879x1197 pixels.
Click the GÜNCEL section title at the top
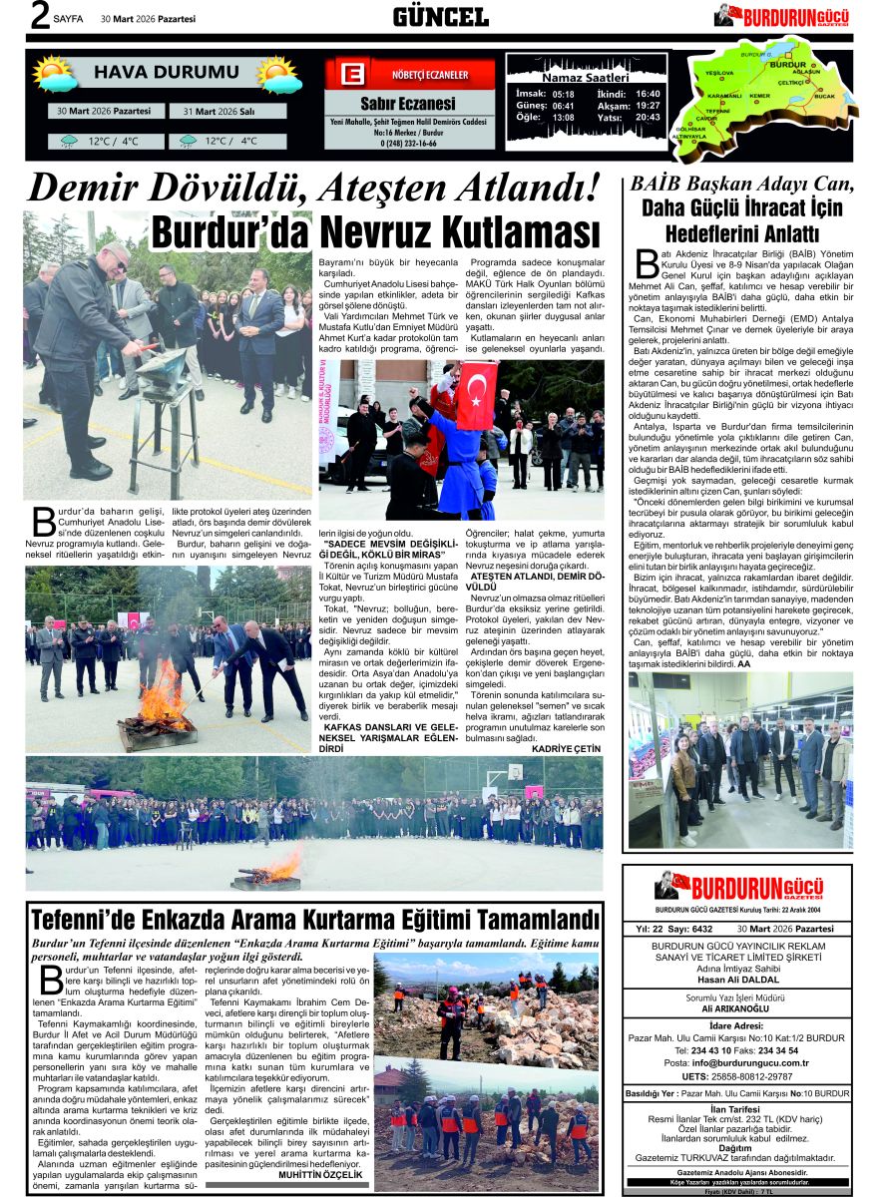point(440,16)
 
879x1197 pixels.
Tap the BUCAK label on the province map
point(823,96)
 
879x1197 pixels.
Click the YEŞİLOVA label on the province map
point(719,74)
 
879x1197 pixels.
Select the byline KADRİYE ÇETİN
point(566,748)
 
